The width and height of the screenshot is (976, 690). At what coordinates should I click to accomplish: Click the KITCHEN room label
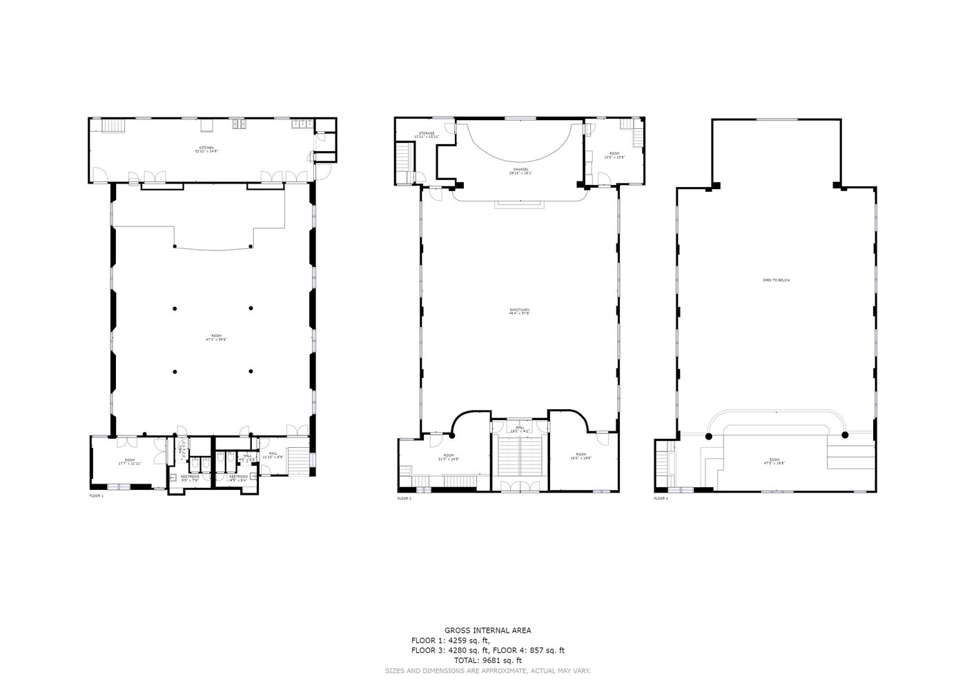click(206, 149)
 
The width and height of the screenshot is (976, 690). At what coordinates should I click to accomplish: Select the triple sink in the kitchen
click(302, 124)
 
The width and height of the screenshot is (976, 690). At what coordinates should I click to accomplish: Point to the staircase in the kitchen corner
click(113, 126)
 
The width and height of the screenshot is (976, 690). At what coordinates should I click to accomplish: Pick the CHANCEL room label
click(520, 170)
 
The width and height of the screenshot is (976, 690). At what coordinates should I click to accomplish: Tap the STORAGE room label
click(427, 135)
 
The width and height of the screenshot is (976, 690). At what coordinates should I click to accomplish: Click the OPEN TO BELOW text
click(776, 280)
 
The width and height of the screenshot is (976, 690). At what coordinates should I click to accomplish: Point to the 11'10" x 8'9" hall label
click(273, 455)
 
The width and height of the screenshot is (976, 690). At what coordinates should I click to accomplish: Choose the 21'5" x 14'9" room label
click(449, 457)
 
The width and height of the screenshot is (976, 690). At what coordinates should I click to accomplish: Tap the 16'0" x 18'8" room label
click(581, 456)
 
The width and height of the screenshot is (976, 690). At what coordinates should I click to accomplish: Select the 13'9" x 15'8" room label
click(614, 155)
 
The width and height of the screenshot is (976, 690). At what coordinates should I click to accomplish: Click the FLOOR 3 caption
click(404, 498)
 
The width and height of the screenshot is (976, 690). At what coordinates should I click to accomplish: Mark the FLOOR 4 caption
click(661, 498)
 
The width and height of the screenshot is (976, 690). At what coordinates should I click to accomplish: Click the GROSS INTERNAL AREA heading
click(487, 630)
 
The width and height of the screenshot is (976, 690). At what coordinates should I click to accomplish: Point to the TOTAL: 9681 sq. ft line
click(487, 660)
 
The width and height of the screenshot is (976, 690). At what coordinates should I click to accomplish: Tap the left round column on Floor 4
click(708, 435)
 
